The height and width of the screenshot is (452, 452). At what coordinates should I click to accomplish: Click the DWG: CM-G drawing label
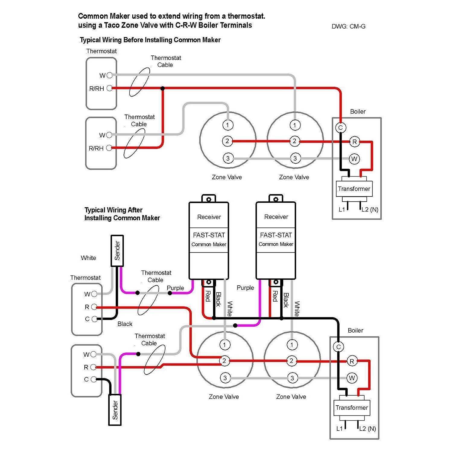coord(348,27)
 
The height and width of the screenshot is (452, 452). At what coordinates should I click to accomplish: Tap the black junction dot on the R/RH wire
coord(163,88)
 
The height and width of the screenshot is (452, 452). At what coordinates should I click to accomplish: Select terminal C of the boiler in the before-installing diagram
coord(341,127)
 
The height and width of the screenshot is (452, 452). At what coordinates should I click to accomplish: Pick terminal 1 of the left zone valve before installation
coord(228,125)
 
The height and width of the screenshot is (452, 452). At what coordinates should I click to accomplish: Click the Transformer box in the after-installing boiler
coord(352,408)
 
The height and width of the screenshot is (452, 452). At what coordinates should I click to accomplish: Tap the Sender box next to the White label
coord(117,251)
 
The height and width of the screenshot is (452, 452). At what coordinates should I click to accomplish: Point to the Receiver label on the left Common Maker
coord(209,217)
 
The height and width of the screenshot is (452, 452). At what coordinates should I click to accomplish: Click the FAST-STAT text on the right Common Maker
coord(276,235)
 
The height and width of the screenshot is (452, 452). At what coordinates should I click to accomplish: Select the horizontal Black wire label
coord(125,324)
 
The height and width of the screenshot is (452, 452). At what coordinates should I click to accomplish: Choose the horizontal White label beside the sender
coord(88,258)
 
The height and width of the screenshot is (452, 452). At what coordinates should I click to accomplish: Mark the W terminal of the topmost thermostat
coord(109,75)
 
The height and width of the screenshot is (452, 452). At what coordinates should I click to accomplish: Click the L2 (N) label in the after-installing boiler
coord(368,428)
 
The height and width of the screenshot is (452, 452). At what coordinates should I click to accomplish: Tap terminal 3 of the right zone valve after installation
coord(292,378)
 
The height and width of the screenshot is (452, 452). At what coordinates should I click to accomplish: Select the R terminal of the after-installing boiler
coord(352,361)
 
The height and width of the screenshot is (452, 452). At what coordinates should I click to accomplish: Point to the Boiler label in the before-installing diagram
coord(358,111)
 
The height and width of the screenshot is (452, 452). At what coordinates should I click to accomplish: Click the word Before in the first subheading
coord(133,40)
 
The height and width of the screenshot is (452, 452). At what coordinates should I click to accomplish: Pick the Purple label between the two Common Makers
coord(245,288)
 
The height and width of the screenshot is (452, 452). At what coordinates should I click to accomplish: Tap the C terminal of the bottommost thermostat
coord(94,379)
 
